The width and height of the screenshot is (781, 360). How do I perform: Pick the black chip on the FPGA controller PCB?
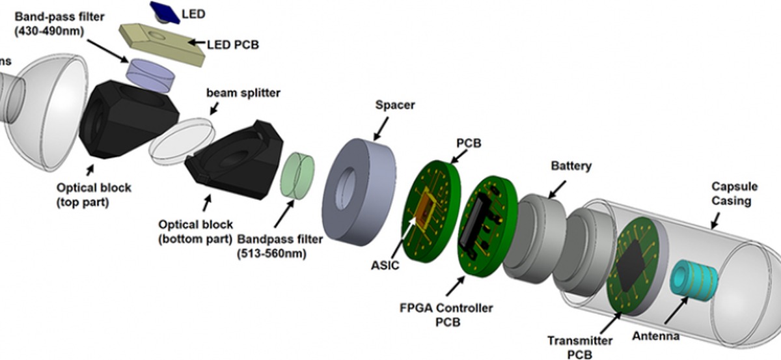pos(482,222)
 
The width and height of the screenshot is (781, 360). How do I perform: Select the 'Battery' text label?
pos(571,165)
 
